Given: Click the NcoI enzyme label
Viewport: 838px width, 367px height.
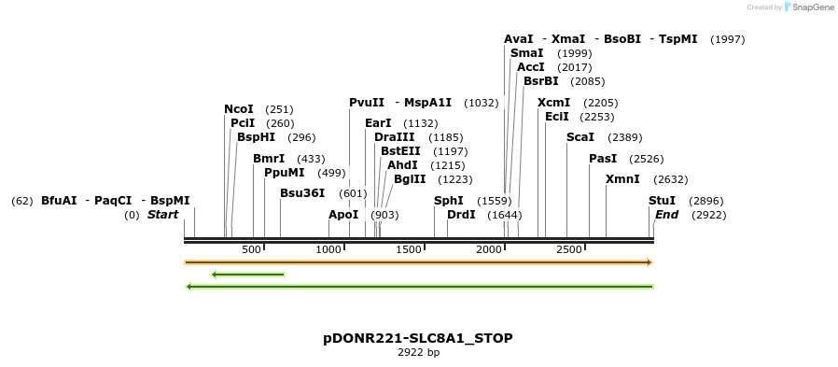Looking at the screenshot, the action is (x=239, y=109).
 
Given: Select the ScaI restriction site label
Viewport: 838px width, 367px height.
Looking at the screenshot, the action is (x=580, y=137).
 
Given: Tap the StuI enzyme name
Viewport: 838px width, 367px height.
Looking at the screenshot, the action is (x=662, y=201).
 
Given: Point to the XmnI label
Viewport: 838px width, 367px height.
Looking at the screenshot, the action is (x=622, y=179).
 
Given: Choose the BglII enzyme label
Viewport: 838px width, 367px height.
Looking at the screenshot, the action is (x=410, y=179).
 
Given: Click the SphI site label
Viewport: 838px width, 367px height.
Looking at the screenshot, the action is (x=448, y=201).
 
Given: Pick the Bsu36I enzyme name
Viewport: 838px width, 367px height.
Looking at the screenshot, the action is (x=302, y=193).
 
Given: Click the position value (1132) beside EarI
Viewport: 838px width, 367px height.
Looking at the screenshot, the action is (x=420, y=123).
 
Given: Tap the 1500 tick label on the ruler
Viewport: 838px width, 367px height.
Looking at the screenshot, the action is (x=409, y=249).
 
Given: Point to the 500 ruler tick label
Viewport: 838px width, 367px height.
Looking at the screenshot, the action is (x=251, y=249).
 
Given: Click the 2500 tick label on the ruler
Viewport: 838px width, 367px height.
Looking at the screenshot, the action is (x=568, y=249).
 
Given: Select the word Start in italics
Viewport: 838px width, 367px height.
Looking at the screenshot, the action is (x=162, y=215).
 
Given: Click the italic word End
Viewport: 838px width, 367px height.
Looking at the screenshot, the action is (x=666, y=215).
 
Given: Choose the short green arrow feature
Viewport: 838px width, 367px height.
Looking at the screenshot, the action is (x=247, y=275).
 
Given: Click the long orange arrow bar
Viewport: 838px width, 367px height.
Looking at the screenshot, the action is (x=418, y=262).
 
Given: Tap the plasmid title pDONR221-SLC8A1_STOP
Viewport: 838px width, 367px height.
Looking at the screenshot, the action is (x=418, y=337).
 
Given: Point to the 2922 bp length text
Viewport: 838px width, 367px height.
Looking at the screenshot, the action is (x=418, y=352).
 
